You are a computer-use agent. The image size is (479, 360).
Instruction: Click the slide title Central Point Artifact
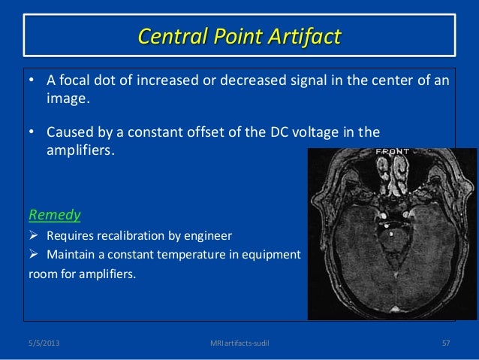click(x=239, y=35)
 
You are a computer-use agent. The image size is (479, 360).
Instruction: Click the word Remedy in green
click(x=54, y=215)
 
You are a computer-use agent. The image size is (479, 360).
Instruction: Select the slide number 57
click(x=445, y=343)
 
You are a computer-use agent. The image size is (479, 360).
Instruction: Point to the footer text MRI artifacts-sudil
click(x=239, y=343)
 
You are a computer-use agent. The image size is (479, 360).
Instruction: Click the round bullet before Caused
click(x=32, y=134)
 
